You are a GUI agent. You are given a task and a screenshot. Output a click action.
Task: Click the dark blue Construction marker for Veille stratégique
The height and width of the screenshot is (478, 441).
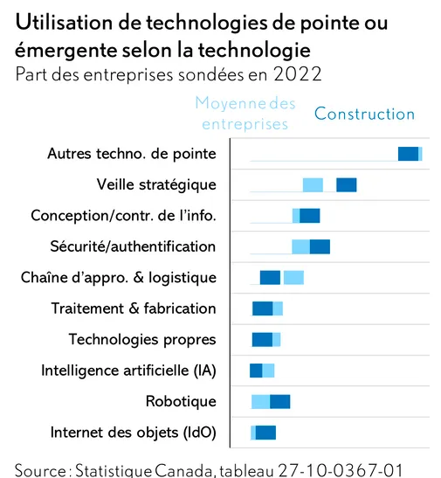(x=347, y=185)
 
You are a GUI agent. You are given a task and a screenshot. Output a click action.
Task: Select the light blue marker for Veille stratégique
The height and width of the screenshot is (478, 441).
(x=313, y=185)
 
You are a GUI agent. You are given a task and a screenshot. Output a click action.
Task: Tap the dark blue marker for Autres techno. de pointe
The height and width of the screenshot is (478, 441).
(x=408, y=154)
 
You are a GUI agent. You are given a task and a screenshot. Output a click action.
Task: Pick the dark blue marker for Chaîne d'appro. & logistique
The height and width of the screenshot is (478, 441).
(x=270, y=277)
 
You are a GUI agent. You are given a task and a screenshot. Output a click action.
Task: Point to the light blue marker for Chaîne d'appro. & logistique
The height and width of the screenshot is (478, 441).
(x=293, y=277)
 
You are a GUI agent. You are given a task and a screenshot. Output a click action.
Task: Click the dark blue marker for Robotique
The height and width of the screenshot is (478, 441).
(x=280, y=401)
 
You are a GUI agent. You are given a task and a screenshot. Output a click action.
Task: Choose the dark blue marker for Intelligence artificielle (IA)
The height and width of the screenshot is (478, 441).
(x=256, y=371)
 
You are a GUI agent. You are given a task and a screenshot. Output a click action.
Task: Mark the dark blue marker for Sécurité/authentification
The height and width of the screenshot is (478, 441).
(x=320, y=246)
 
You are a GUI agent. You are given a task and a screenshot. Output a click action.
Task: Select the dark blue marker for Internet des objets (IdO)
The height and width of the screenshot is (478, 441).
(x=265, y=433)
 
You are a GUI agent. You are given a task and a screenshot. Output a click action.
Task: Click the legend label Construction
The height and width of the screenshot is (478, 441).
(x=364, y=114)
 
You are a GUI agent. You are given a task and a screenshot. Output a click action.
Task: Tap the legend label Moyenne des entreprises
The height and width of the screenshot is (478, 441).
(x=245, y=114)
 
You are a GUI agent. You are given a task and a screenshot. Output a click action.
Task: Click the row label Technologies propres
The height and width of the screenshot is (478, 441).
(x=142, y=340)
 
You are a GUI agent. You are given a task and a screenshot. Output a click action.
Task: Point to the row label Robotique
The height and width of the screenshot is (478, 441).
(x=181, y=401)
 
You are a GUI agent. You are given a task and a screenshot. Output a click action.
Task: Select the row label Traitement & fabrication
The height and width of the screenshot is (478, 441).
(x=134, y=308)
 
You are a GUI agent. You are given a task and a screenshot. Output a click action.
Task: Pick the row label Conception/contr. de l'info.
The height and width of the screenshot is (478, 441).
(x=123, y=216)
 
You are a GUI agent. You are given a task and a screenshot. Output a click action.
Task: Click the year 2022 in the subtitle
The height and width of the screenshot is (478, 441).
(x=298, y=74)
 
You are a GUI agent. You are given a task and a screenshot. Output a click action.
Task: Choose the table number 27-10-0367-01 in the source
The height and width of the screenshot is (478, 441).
(x=341, y=470)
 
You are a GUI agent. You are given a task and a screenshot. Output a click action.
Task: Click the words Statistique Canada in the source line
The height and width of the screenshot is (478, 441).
(x=143, y=470)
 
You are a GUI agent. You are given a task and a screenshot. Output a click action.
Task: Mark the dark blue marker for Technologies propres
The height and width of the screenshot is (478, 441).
(x=262, y=340)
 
